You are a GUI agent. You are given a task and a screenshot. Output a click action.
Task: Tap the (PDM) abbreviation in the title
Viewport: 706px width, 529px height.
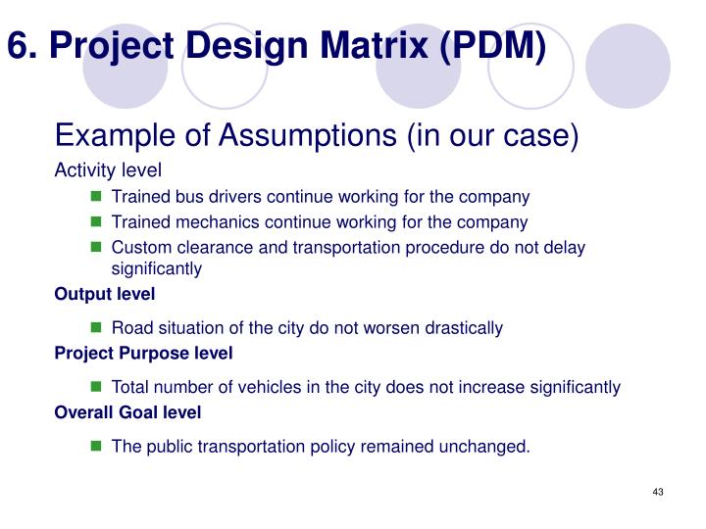pos(493,44)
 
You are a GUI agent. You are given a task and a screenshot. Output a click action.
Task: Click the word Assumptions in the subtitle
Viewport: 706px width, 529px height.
pos(295,136)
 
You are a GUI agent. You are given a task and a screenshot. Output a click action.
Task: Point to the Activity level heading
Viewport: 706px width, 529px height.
pos(107,170)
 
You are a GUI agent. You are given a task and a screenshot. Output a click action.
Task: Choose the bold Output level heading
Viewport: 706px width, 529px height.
pos(105,294)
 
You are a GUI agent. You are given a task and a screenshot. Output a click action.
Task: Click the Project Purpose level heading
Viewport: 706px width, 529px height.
pos(143,353)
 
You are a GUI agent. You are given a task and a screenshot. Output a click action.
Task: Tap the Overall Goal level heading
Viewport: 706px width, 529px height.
pos(127,412)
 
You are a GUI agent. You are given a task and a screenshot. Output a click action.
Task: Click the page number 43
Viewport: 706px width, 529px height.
pos(658,491)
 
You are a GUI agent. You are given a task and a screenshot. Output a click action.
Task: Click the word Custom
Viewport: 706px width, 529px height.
pos(140,247)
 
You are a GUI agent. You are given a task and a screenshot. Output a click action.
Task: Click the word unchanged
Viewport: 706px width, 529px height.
pos(484,447)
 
